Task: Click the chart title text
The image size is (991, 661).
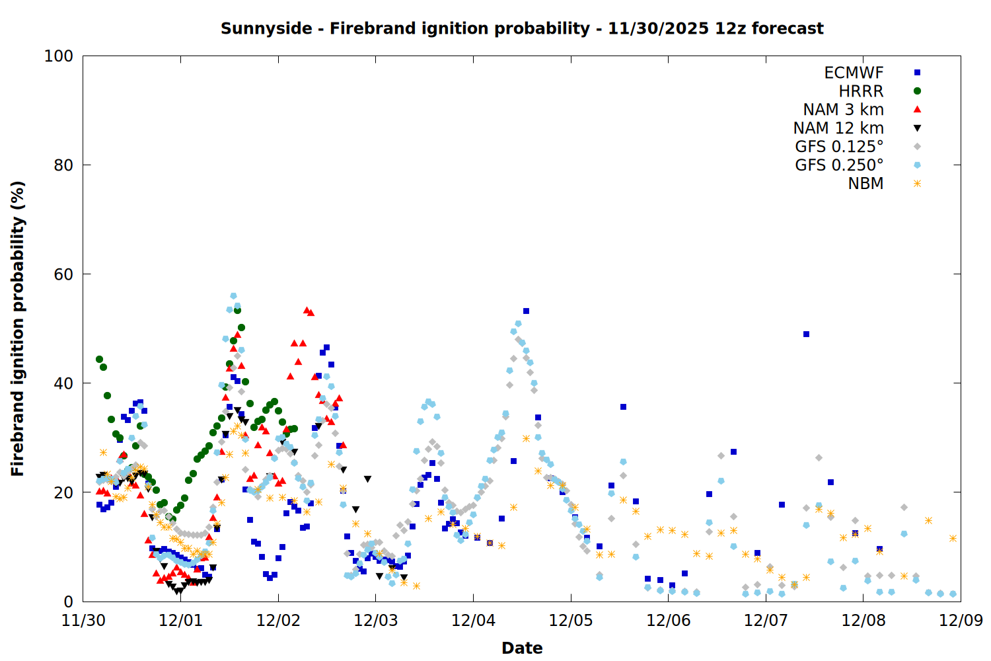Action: (x=522, y=28)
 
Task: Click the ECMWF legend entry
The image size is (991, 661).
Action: (x=854, y=73)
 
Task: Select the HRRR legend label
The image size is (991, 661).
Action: (x=861, y=91)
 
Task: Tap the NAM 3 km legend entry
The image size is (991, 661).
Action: (x=843, y=110)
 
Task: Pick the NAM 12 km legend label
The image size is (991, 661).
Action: (x=838, y=128)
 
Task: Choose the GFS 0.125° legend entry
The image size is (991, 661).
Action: (x=839, y=147)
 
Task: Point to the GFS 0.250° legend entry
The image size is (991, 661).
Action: (x=839, y=165)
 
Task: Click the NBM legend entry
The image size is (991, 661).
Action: (x=865, y=184)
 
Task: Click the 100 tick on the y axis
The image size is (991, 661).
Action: (x=59, y=56)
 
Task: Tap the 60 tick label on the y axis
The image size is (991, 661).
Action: (x=63, y=274)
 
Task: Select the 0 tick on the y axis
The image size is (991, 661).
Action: (x=68, y=602)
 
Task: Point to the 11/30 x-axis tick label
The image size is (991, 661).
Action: (x=83, y=621)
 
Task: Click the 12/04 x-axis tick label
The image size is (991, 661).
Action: (x=473, y=621)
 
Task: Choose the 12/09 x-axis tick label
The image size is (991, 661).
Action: (x=961, y=621)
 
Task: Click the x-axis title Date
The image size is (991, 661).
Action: (x=522, y=648)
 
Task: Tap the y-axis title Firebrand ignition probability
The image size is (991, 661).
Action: (x=18, y=329)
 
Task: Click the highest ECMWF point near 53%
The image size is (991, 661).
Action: (x=526, y=311)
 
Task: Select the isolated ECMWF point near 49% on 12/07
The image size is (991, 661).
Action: (x=806, y=334)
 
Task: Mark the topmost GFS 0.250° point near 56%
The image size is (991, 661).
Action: (x=233, y=296)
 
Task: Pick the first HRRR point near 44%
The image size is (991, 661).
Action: (x=99, y=359)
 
